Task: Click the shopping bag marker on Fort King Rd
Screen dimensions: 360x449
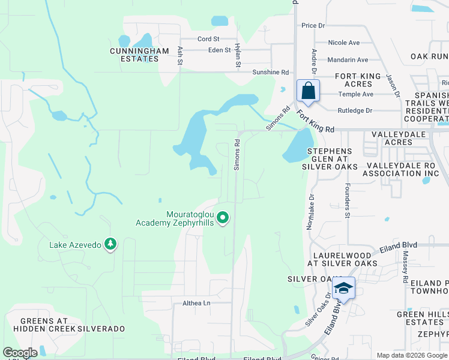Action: click(308, 91)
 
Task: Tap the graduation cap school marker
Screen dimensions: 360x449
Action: click(343, 289)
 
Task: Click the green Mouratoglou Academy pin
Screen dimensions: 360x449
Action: click(223, 217)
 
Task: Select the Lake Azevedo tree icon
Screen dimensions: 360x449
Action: click(110, 244)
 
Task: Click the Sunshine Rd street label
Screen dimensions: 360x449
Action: click(271, 72)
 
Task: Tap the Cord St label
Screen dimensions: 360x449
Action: click(208, 39)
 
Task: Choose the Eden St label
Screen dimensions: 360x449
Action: click(219, 50)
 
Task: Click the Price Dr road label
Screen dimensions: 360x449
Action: click(313, 25)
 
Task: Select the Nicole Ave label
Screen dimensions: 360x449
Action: click(344, 43)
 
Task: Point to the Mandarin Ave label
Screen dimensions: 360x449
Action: click(348, 60)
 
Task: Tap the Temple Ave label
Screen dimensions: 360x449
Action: click(355, 94)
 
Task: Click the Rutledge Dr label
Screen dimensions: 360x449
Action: click(355, 110)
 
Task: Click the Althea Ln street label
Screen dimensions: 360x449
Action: click(196, 304)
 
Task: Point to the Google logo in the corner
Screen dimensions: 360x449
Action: click(20, 353)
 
